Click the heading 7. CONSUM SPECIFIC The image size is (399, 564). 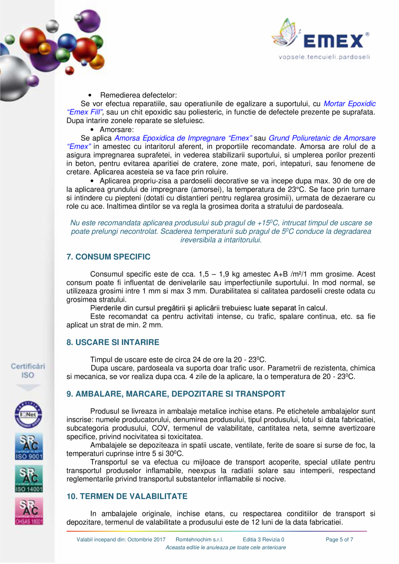click(108, 257)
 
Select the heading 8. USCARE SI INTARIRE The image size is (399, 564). click(113, 342)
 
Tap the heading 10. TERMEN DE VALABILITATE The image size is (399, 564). click(127, 496)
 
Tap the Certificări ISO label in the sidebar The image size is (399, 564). click(28, 370)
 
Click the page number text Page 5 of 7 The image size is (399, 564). click(340, 539)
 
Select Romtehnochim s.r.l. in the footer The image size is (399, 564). click(199, 539)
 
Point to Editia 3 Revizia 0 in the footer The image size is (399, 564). click(264, 539)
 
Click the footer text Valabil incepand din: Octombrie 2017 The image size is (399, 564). click(121, 539)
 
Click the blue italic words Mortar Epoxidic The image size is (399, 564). click(350, 104)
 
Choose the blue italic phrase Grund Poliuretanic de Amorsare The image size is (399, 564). click(322, 138)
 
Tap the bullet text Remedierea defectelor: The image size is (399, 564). click(138, 95)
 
